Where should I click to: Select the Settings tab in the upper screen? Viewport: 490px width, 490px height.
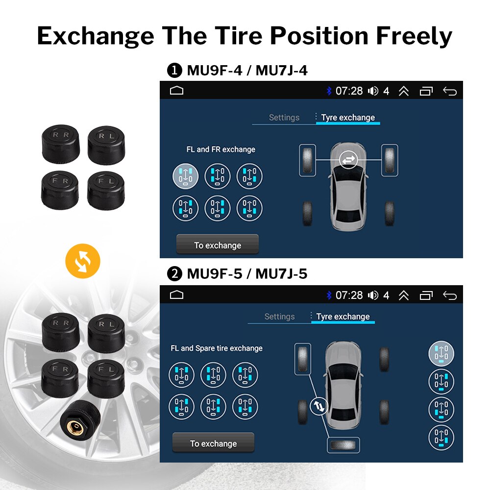pos(284,118)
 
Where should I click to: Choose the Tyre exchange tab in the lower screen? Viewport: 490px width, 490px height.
pos(343,317)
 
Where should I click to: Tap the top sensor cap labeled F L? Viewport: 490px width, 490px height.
pos(106,187)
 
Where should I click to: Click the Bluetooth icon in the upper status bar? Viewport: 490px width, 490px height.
pos(329,91)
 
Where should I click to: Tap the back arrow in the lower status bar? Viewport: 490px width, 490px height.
pos(449,295)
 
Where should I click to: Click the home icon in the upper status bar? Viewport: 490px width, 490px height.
pos(176,91)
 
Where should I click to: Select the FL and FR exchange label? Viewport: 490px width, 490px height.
pos(220,149)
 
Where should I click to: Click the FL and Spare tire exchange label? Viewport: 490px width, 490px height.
pos(217,348)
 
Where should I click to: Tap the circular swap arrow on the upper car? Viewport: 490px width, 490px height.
pos(348,159)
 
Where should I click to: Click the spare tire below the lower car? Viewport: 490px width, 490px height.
pos(343,445)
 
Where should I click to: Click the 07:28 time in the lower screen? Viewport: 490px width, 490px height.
pos(349,295)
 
